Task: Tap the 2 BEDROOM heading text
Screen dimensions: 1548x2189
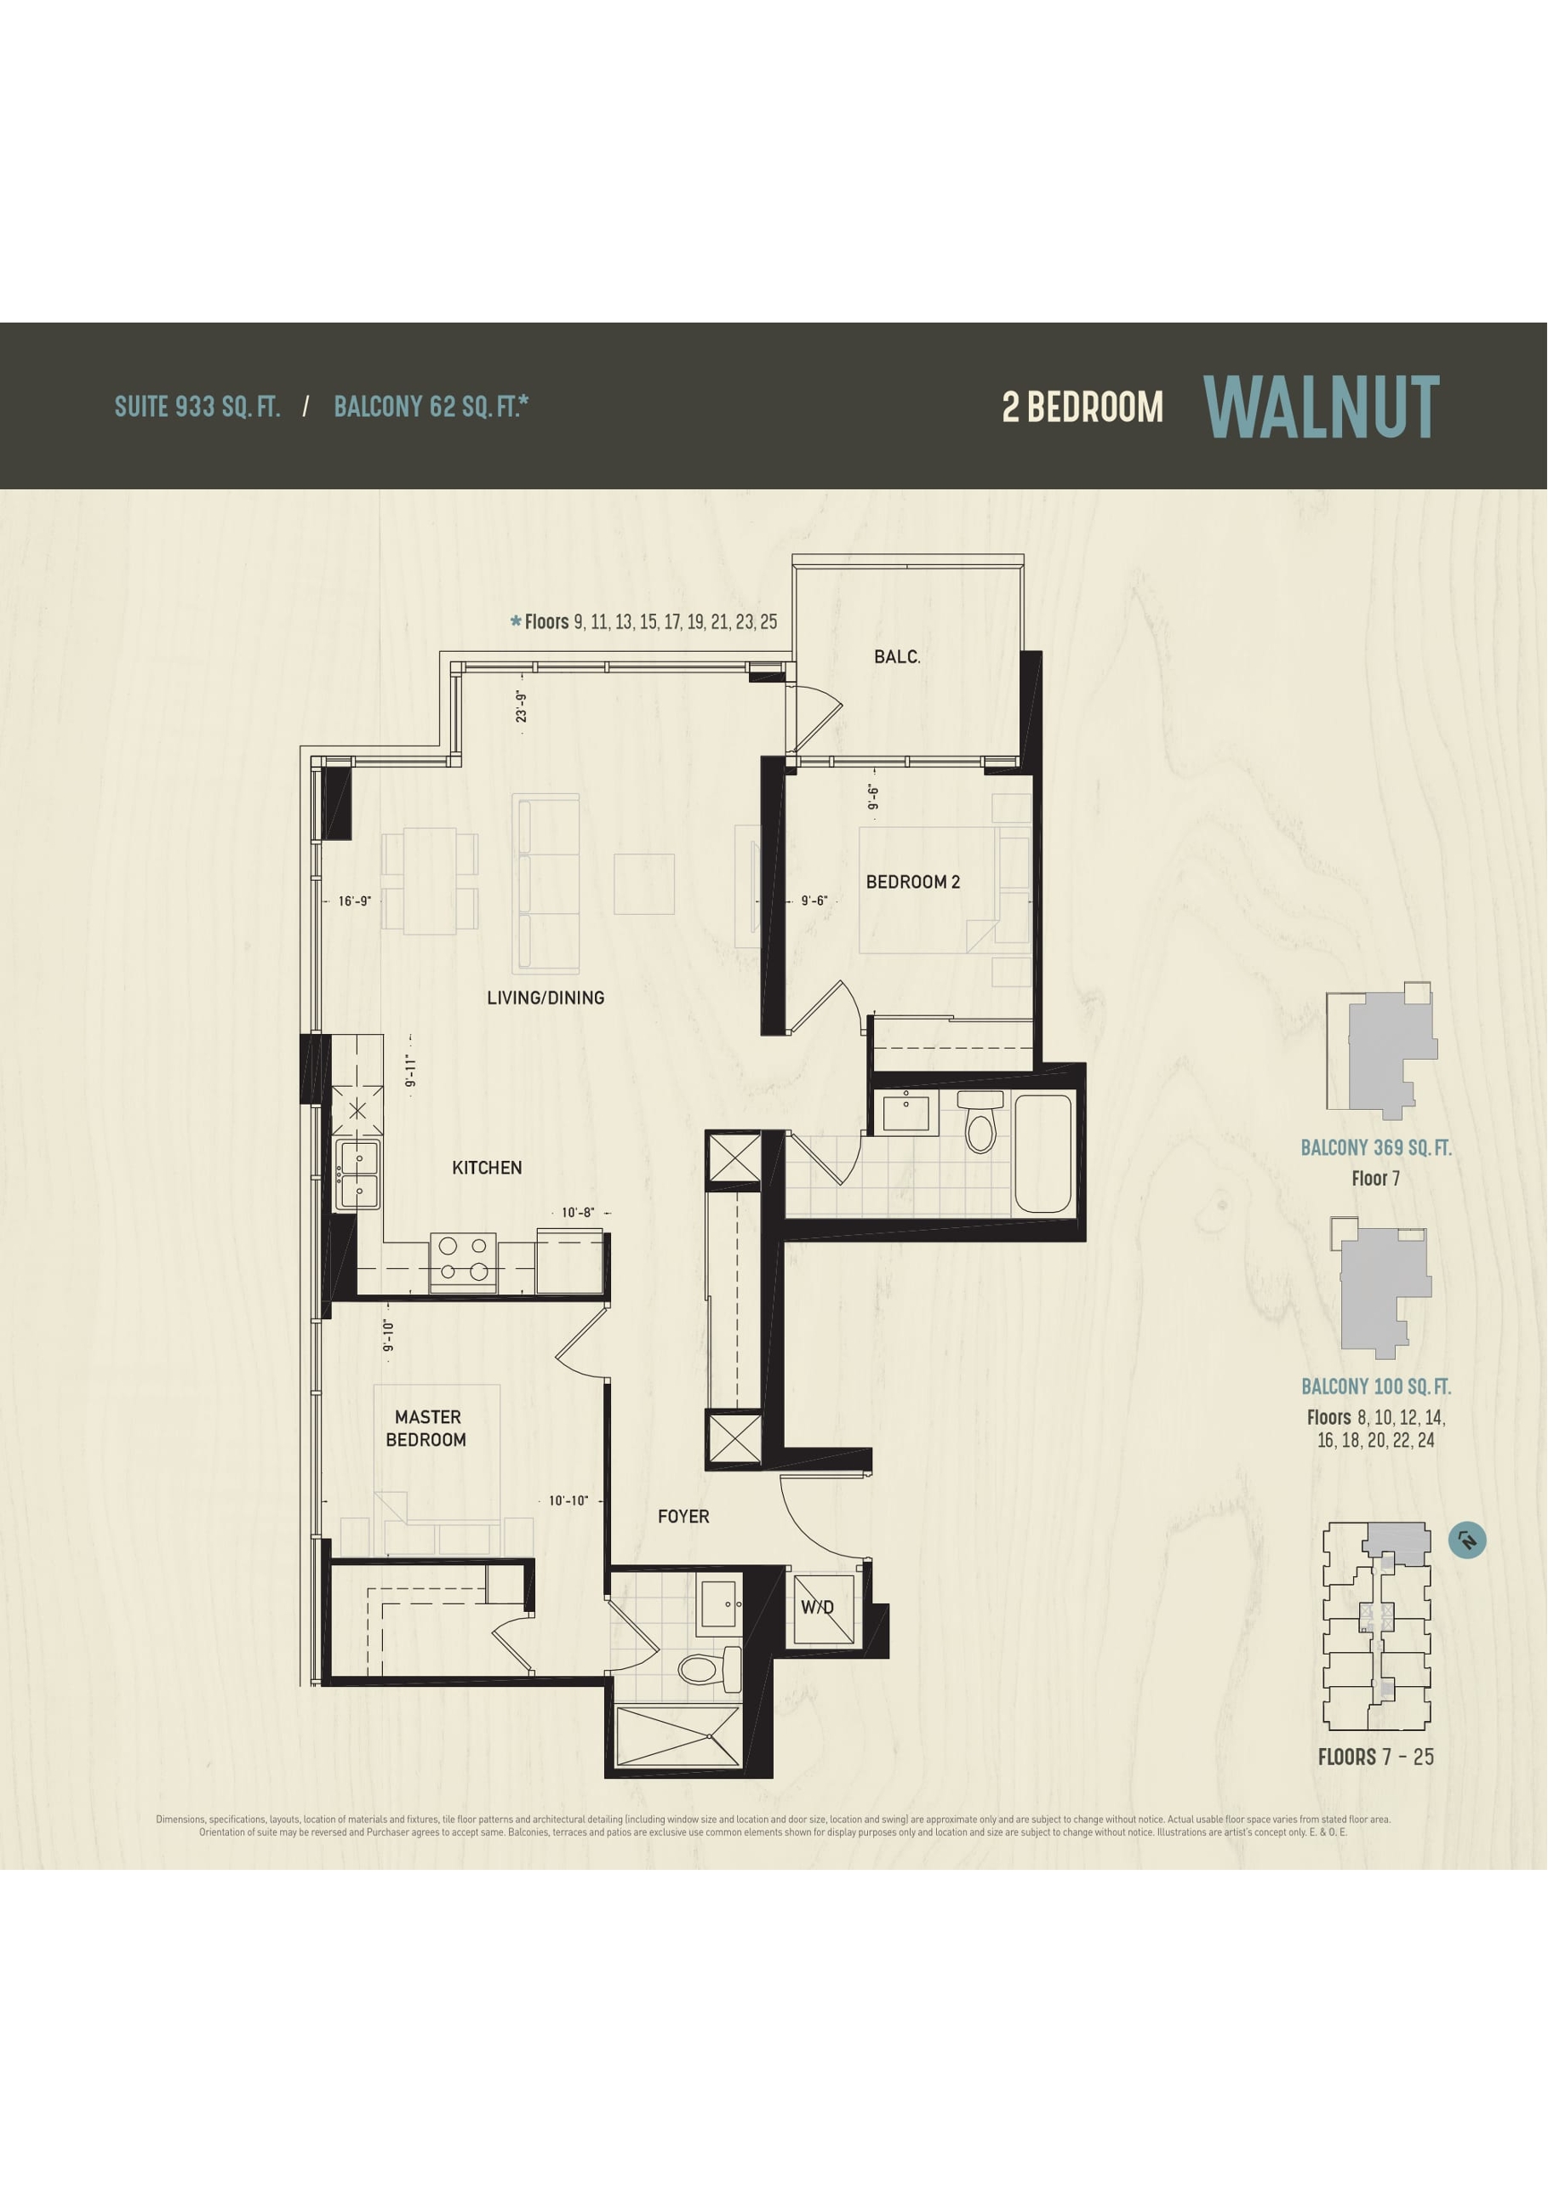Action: point(1082,408)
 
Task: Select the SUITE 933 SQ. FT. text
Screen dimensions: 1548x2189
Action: point(197,407)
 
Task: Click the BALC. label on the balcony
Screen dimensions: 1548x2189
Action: point(897,657)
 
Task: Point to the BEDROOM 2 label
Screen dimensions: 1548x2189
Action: point(912,882)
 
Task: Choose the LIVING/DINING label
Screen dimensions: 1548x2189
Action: point(546,998)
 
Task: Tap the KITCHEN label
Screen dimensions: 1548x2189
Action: point(486,1168)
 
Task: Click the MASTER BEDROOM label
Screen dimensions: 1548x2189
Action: point(427,1428)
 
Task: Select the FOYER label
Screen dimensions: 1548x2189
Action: point(683,1517)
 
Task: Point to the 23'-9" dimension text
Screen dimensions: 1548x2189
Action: point(522,706)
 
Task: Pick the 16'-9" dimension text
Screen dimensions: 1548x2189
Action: point(355,901)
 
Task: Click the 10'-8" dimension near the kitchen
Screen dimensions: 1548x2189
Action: point(578,1213)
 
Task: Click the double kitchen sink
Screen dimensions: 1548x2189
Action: point(358,1174)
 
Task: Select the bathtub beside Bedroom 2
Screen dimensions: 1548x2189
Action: point(1042,1155)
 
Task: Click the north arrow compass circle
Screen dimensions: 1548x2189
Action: point(1467,1540)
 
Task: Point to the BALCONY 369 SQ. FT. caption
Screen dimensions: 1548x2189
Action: point(1375,1148)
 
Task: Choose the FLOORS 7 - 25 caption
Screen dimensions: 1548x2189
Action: point(1375,1757)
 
